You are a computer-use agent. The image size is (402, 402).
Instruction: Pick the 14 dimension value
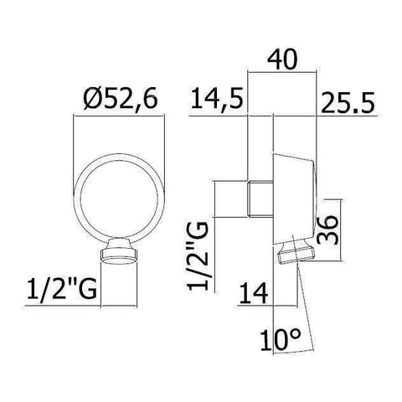[x=252, y=294]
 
